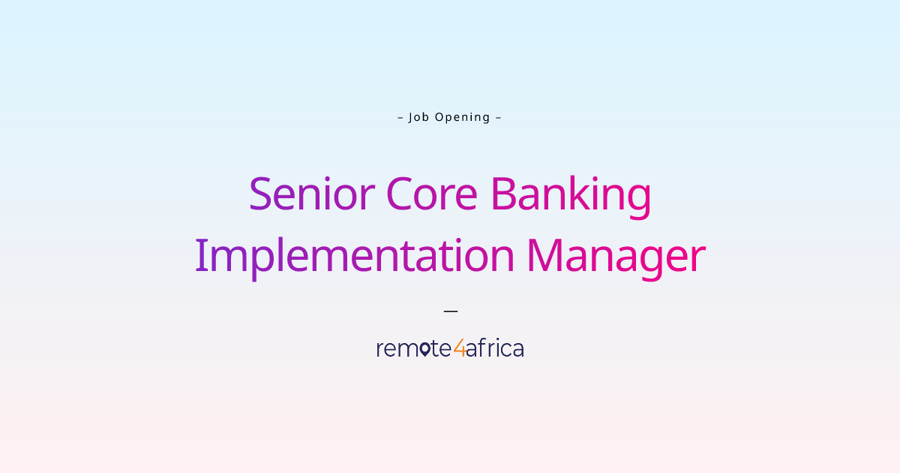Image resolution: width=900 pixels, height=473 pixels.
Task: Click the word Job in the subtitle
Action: (418, 117)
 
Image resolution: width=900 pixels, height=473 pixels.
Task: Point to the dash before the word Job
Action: (400, 117)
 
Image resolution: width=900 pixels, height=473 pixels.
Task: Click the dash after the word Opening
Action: (499, 117)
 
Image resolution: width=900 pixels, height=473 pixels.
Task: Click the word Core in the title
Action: (431, 194)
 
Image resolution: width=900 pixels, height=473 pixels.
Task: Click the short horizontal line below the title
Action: (451, 309)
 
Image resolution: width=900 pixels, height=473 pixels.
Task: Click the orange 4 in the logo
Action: (459, 348)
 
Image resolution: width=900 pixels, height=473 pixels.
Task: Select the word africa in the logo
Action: (495, 348)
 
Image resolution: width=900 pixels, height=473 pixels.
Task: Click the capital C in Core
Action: (400, 194)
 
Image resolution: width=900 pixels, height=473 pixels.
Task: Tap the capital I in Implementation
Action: (200, 256)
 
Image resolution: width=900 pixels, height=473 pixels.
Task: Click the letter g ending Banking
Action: (638, 200)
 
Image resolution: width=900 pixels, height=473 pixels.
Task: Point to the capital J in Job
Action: (411, 117)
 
